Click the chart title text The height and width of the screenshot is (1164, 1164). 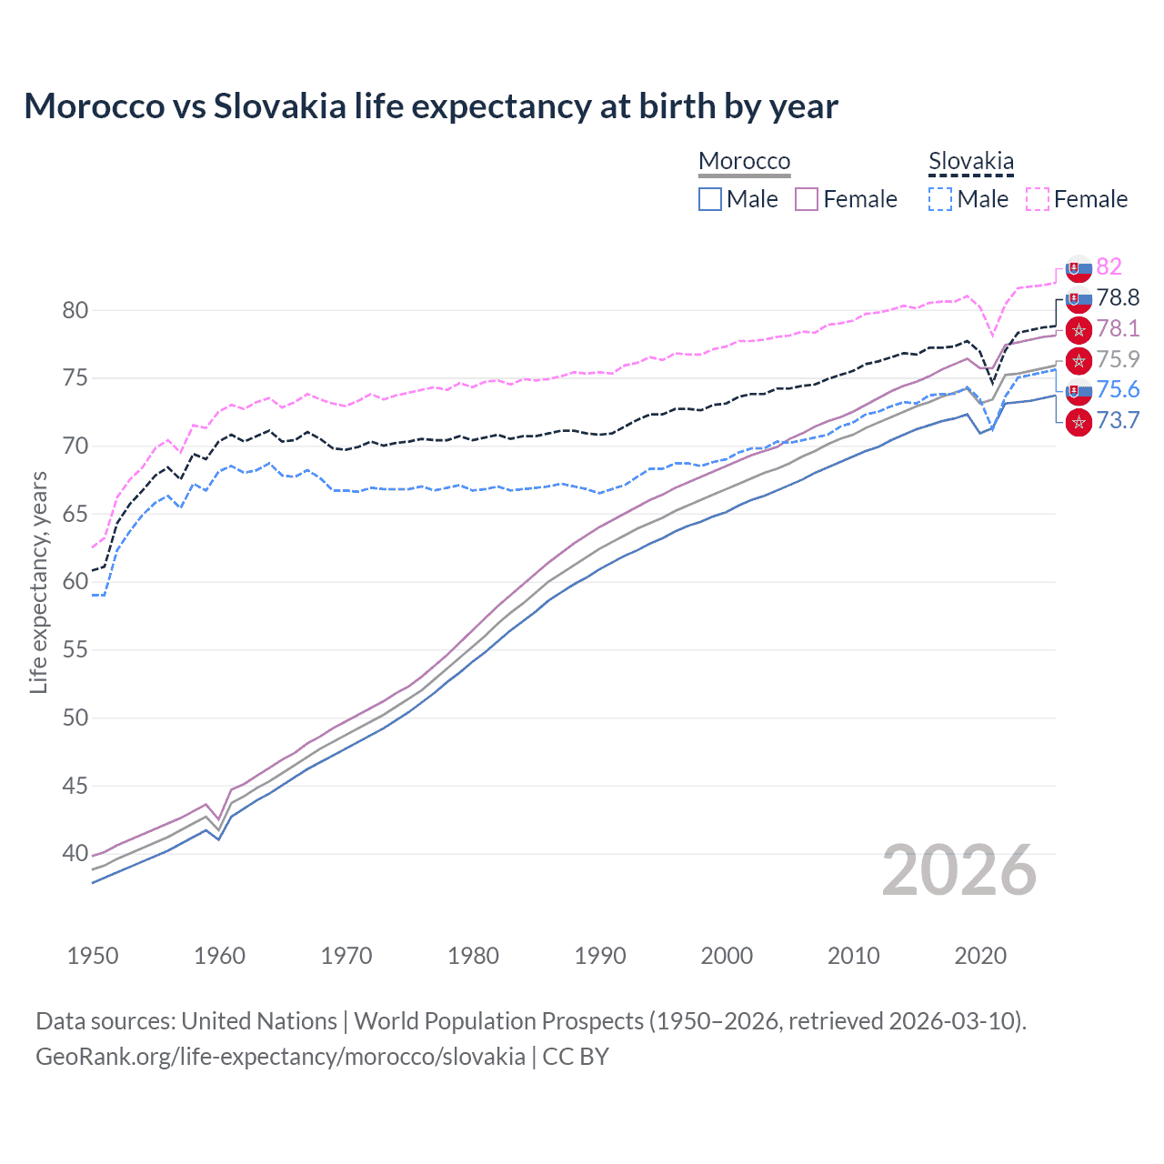(430, 106)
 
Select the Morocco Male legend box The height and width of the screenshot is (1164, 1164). (710, 199)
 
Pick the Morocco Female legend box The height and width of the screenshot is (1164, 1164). (807, 199)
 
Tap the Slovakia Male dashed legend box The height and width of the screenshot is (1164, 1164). (940, 199)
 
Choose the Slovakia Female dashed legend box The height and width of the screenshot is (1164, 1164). (1038, 199)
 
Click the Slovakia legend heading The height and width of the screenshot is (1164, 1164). (970, 161)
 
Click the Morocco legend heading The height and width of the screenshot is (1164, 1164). (744, 161)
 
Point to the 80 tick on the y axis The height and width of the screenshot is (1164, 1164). (75, 310)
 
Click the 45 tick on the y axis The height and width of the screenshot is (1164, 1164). (75, 786)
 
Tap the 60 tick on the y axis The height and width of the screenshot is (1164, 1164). (75, 582)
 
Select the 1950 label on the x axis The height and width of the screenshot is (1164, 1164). (93, 956)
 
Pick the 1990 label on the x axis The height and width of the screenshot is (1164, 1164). (600, 956)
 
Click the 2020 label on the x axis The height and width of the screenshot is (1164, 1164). (980, 956)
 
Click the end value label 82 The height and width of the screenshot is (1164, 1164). (1109, 266)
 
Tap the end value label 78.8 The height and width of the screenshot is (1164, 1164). (1118, 297)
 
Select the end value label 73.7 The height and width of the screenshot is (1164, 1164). (1118, 420)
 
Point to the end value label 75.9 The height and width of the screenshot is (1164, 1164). (1118, 359)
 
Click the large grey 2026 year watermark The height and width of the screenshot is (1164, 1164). (959, 870)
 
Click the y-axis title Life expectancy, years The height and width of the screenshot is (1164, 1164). (38, 582)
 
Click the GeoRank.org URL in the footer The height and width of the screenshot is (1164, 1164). (280, 1057)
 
